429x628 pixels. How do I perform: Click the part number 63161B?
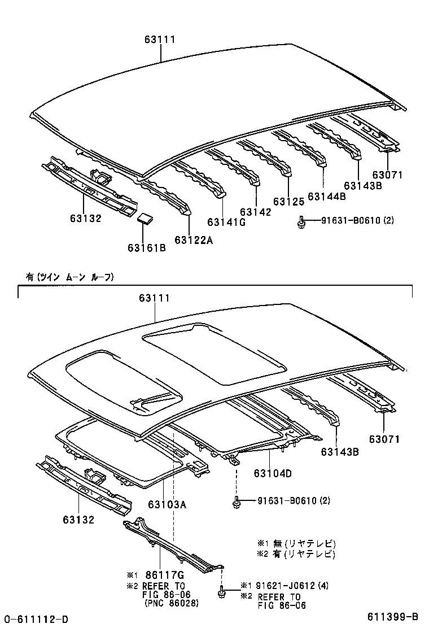pos(146,247)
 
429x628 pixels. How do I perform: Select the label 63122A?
pos(194,240)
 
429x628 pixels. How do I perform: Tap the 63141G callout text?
pos(226,221)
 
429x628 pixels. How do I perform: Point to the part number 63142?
pos(255,212)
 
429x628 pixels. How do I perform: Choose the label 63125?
pos(288,201)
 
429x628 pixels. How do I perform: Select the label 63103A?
pos(167,504)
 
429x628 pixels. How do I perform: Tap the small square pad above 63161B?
pos(146,219)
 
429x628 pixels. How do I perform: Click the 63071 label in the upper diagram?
pos(387,175)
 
